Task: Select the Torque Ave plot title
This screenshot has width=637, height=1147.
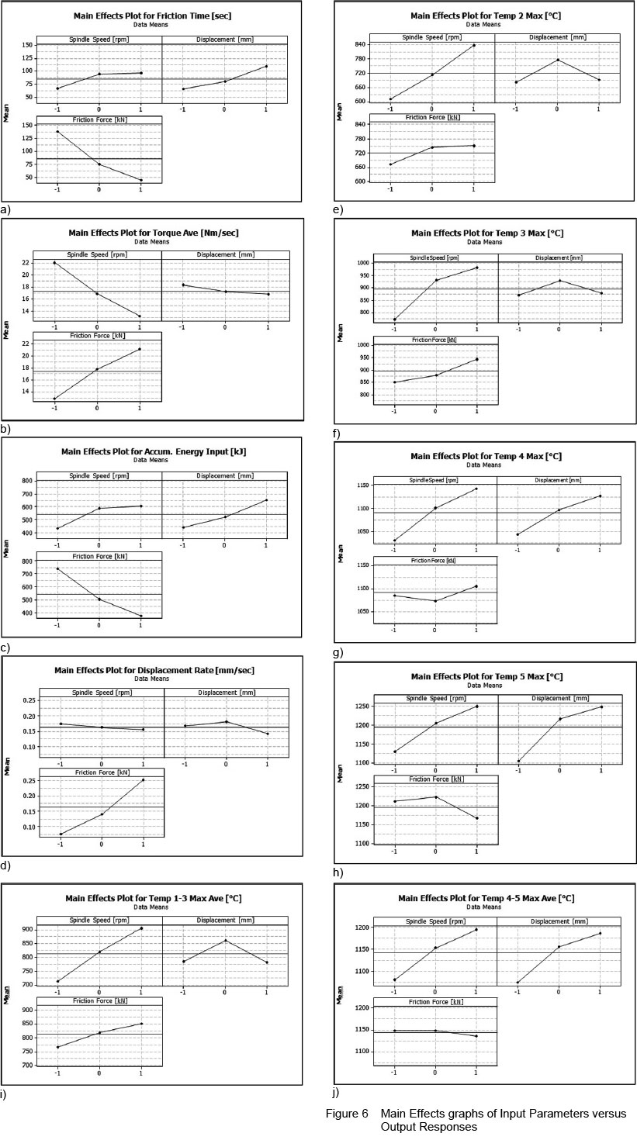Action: pos(152,232)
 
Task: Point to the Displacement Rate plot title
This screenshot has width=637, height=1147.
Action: pos(154,670)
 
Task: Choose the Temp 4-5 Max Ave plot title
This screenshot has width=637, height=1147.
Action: pos(486,898)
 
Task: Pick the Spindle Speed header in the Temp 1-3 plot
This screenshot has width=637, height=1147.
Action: pos(99,921)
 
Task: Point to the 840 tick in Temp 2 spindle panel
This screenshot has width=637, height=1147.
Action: pos(360,46)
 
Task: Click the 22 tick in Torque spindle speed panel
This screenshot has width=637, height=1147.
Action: pos(26,263)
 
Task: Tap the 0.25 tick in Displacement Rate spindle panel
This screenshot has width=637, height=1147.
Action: pos(27,700)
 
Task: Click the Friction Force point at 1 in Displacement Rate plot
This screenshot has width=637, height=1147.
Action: pos(143,780)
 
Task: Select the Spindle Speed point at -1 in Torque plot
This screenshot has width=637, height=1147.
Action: pos(55,263)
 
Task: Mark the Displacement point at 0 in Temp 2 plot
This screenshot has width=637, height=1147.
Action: pos(557,60)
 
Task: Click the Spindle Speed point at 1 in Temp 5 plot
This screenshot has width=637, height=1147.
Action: pos(476,707)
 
